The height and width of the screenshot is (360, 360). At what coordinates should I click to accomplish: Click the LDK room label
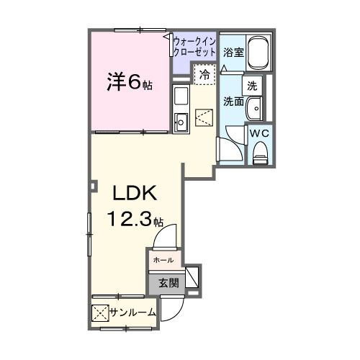point(135,193)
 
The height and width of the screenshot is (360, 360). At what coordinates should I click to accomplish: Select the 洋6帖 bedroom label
point(130,82)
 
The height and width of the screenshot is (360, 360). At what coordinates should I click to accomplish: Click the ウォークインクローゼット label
point(194,47)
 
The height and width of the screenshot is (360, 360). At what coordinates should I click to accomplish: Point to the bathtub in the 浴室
point(258,53)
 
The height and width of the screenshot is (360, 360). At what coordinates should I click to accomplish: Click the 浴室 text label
point(233,53)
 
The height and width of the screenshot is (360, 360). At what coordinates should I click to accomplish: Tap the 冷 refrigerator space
point(205,74)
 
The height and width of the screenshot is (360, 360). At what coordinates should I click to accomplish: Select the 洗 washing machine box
point(252,86)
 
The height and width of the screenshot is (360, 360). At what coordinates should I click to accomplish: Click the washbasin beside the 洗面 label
point(254,109)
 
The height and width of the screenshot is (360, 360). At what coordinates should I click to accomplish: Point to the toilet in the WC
point(260,153)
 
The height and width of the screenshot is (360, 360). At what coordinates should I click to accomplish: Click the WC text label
point(259,133)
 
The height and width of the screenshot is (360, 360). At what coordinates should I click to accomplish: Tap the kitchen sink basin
point(181,122)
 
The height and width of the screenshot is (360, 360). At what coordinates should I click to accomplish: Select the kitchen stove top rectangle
point(181,96)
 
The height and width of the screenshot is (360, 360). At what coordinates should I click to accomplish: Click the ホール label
point(163,260)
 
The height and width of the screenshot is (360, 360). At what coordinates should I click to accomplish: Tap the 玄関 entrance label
point(168,284)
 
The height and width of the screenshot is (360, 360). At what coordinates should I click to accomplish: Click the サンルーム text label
point(132,312)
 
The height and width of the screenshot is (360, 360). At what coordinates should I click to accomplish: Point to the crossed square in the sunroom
point(100,313)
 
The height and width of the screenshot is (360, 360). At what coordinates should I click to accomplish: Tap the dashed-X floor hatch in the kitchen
point(204,117)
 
